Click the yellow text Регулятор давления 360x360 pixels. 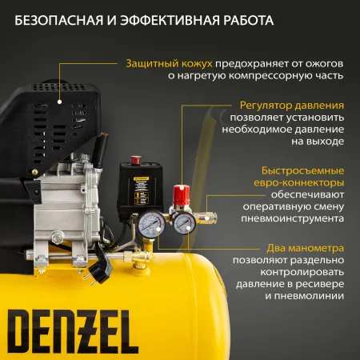tap(292, 105)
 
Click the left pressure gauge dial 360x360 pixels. tap(148, 226)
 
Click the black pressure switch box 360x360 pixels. tap(142, 189)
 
